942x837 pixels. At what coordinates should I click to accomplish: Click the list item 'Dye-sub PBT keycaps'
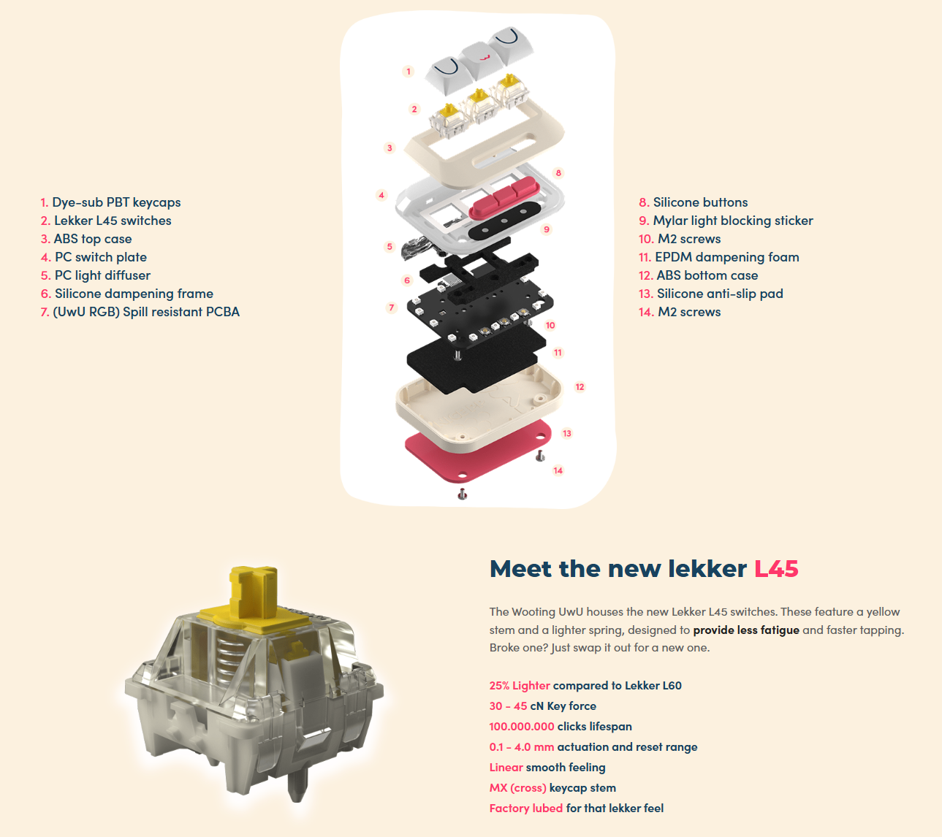coord(110,202)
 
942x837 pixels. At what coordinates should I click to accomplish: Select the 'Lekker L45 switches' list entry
coord(106,221)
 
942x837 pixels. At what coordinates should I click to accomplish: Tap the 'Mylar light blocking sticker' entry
coord(726,221)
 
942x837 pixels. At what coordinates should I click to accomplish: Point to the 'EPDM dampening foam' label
coord(719,257)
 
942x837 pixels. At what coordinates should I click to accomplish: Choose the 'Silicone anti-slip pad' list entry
coord(711,294)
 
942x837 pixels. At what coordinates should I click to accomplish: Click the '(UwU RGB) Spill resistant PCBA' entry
coord(140,312)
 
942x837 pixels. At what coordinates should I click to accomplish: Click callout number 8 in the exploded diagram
coord(558,173)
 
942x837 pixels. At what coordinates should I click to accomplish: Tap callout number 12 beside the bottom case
coord(580,386)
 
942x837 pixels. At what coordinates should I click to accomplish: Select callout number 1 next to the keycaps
coord(409,71)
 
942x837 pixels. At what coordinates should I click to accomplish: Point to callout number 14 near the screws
coord(558,470)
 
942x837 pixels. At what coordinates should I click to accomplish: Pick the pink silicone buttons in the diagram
coord(504,199)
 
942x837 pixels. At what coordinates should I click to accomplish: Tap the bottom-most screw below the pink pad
coord(462,494)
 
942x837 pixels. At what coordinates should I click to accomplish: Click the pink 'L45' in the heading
coord(776,569)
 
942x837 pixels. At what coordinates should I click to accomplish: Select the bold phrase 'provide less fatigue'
coord(746,630)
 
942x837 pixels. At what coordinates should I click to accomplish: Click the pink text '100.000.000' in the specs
coord(522,727)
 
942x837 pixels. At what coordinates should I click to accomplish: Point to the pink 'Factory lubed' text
coord(526,809)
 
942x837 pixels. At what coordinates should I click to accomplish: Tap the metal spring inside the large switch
coord(229,653)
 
